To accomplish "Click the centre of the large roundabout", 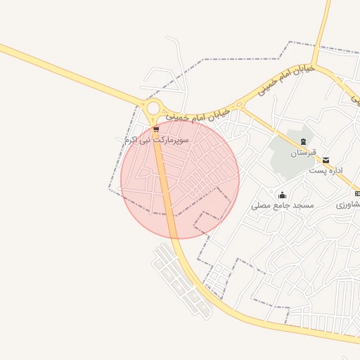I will tap(153, 109).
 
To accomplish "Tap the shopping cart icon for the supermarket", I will tap(155, 129).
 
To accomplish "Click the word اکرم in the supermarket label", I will tap(131, 141).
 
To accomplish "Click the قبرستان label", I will tap(304, 153).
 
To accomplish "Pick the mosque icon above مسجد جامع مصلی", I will tap(282, 195).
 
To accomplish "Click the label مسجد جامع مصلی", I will tap(283, 205).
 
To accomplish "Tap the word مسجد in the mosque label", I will tap(303, 205).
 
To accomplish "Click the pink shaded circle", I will tap(204, 197).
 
